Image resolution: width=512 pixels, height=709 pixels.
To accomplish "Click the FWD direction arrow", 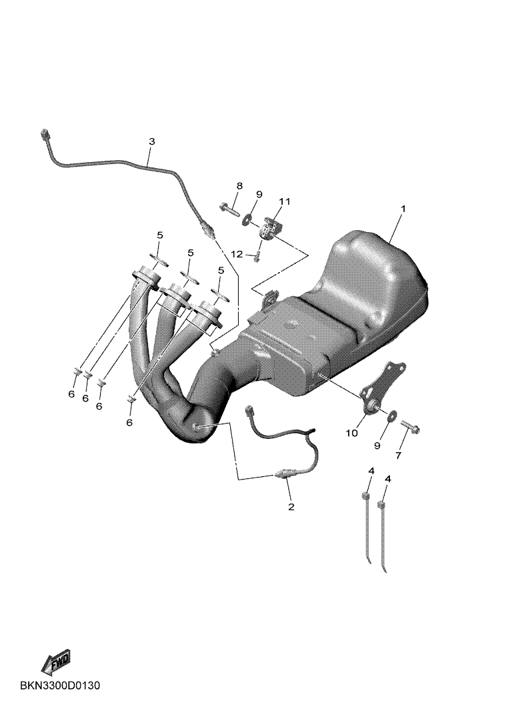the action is point(55,660).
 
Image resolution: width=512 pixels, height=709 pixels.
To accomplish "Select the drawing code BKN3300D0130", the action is point(60,686).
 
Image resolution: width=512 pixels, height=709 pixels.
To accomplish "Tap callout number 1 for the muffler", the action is point(403,209).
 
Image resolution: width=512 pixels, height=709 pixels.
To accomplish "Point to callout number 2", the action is point(291,506).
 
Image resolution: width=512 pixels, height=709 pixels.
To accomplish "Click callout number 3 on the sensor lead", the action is point(152,141).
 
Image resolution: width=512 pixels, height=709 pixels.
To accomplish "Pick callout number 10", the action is point(351,433).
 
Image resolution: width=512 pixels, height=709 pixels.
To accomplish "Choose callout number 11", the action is point(284,201).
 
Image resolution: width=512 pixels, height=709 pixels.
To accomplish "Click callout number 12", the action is point(237,254).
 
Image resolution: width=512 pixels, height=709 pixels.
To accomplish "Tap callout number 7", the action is point(398,456).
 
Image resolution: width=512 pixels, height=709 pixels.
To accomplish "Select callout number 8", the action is point(239,185).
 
